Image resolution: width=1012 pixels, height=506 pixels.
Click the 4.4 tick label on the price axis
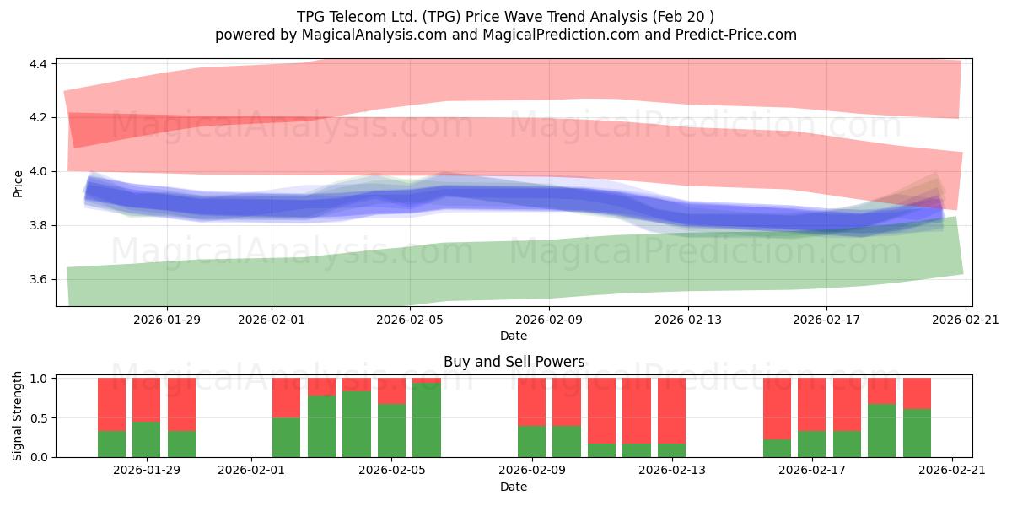coord(38,64)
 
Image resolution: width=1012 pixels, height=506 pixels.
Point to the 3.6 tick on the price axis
coord(38,280)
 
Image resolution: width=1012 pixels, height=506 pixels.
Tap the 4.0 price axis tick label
coord(38,172)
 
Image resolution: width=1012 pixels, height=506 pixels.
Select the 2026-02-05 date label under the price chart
coord(410,320)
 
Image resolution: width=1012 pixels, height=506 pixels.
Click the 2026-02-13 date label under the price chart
coord(688,320)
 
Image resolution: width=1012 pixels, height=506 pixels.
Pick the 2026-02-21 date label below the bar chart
coord(952,471)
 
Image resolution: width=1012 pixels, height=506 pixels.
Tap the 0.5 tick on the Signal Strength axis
coord(38,418)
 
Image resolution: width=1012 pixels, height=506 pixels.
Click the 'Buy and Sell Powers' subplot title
coord(514,362)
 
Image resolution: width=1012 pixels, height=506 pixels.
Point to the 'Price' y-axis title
coord(18,184)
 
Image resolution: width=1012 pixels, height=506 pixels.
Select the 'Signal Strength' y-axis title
coord(17,416)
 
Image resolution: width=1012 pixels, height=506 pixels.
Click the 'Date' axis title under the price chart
coord(514,336)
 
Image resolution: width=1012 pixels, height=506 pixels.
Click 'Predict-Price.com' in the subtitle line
coord(736,35)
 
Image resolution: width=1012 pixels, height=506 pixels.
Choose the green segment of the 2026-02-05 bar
coord(391,431)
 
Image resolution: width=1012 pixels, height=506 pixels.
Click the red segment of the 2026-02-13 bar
coord(671,411)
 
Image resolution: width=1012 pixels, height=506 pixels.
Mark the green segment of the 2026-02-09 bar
coord(532,441)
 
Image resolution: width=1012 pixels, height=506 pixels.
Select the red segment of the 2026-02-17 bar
coord(811,404)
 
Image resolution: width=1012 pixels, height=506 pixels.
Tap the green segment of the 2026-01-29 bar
coord(147,439)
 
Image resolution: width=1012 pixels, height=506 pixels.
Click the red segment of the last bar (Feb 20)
coord(918,394)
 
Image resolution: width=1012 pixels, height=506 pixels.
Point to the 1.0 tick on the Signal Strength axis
coord(38,379)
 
